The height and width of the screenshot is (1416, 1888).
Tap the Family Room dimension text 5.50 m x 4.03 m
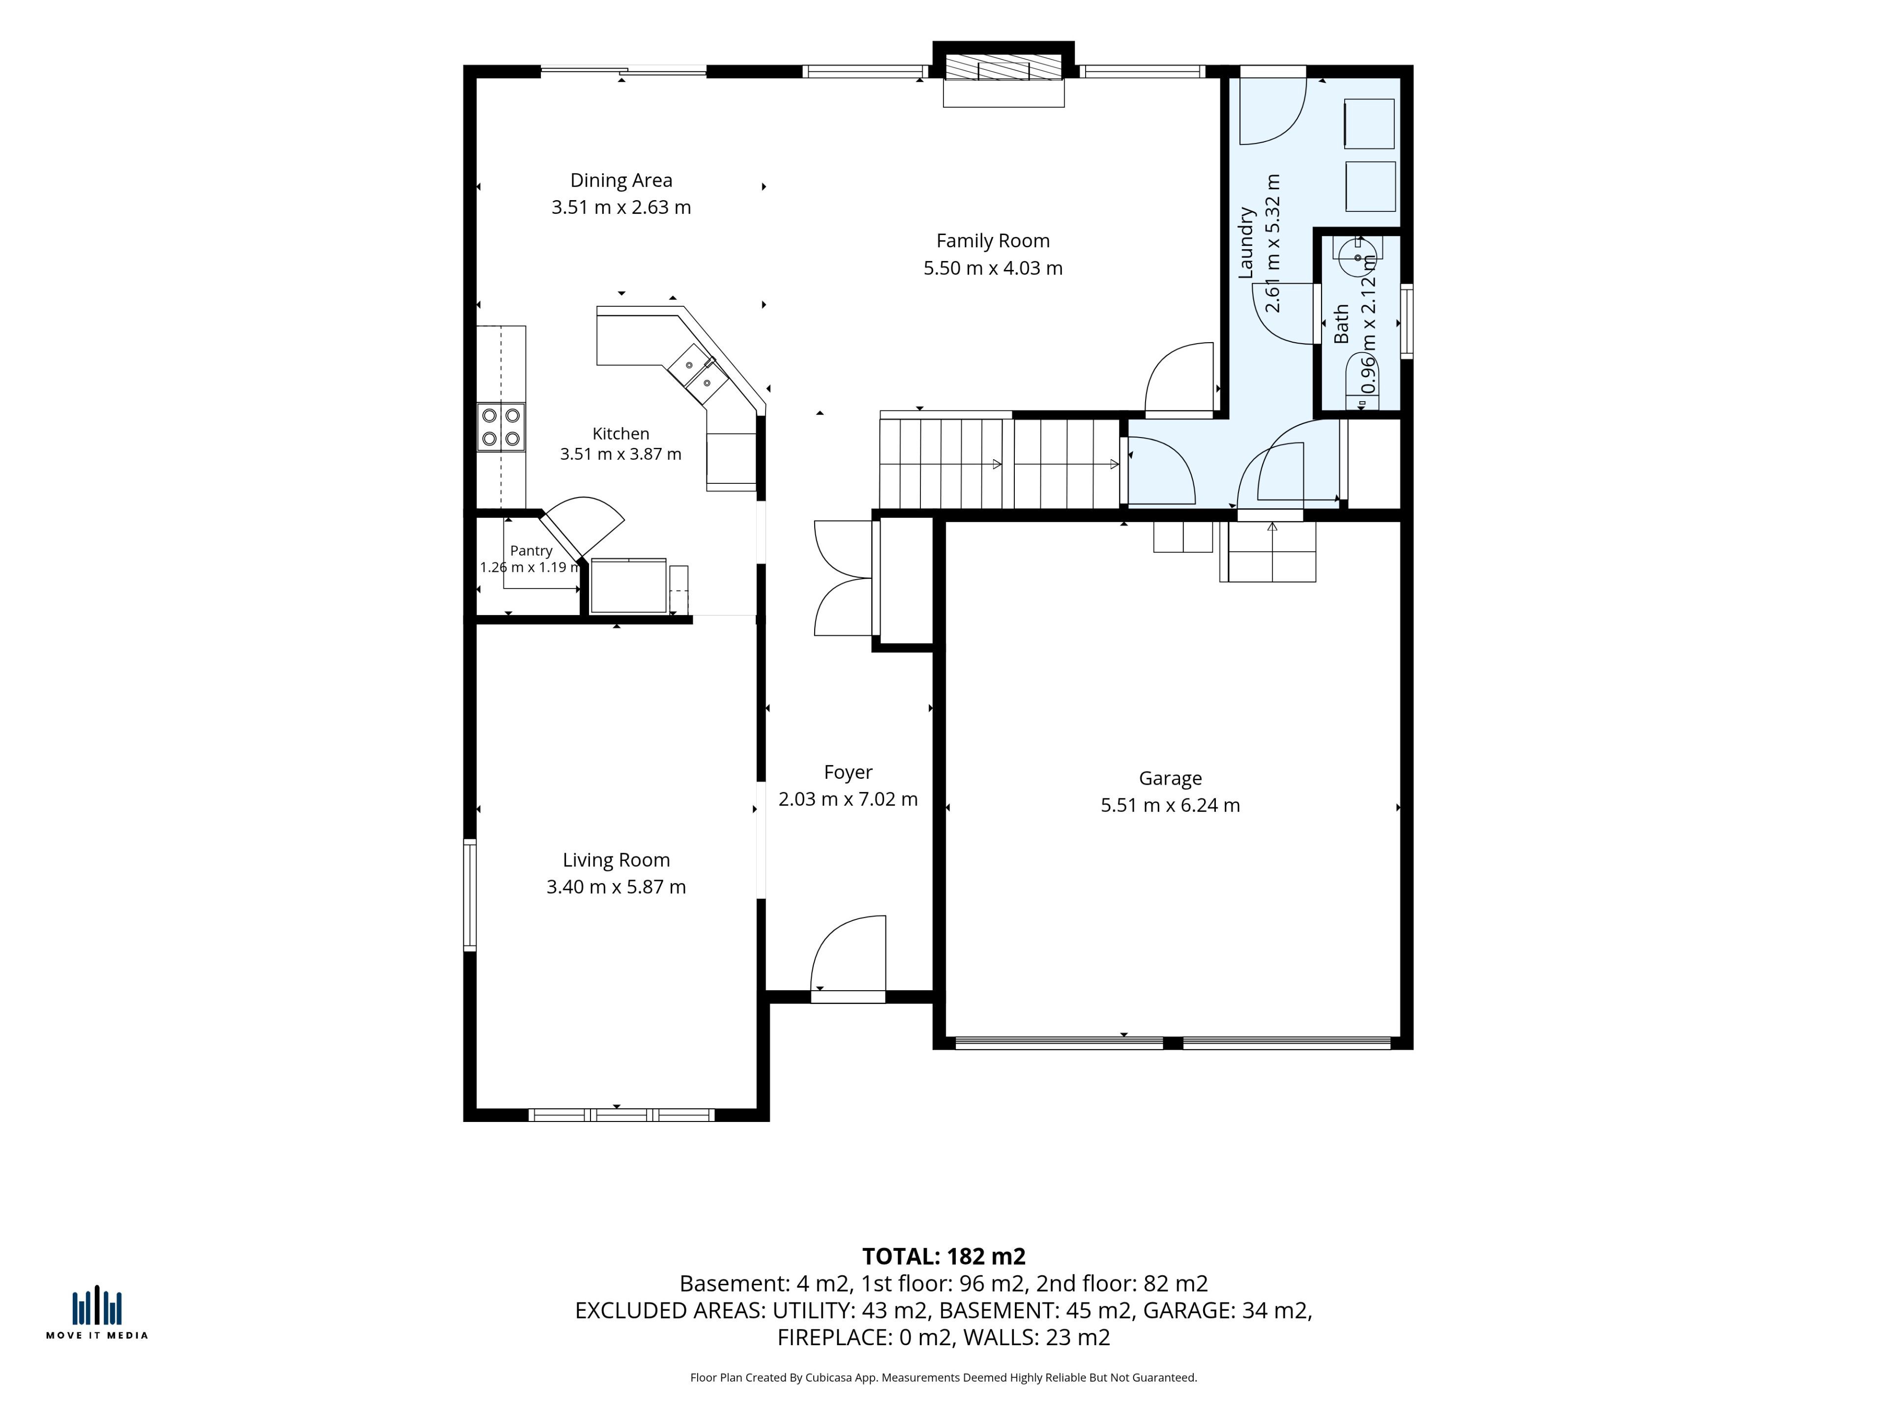[993, 268]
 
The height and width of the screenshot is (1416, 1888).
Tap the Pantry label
[531, 551]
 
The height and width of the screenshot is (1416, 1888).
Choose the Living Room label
[616, 860]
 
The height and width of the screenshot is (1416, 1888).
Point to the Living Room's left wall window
[470, 894]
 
